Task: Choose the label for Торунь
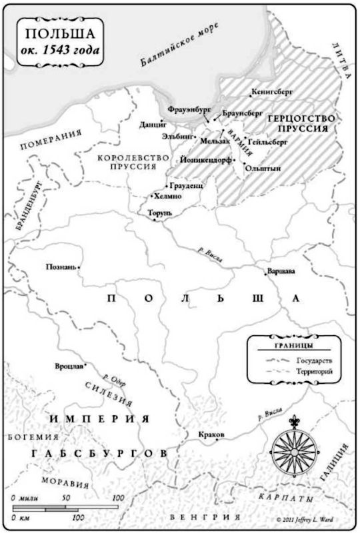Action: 159,213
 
